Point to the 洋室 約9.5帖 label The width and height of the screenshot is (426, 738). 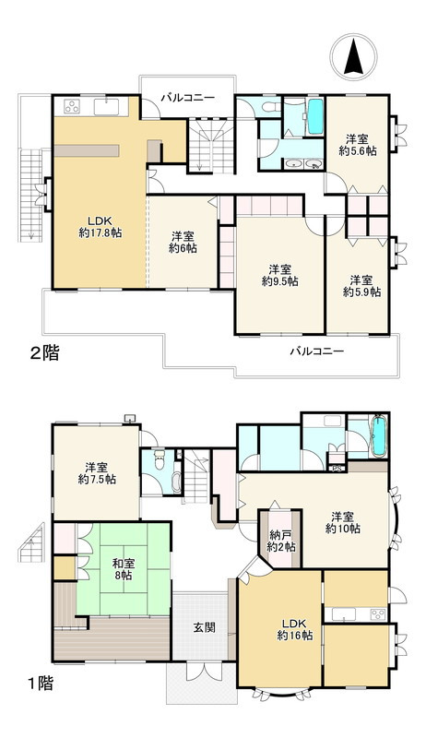(x=278, y=275)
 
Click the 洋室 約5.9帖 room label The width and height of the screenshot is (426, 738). (x=360, y=285)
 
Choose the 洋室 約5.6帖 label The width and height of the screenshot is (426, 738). (x=357, y=145)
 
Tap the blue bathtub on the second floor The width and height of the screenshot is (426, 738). (x=314, y=117)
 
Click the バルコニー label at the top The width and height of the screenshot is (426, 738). (x=187, y=97)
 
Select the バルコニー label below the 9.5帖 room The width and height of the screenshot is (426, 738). (x=316, y=351)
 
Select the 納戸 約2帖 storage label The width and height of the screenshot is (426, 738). (x=280, y=541)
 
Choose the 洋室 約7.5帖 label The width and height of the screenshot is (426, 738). (x=96, y=473)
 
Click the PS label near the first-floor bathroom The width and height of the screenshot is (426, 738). (x=337, y=468)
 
